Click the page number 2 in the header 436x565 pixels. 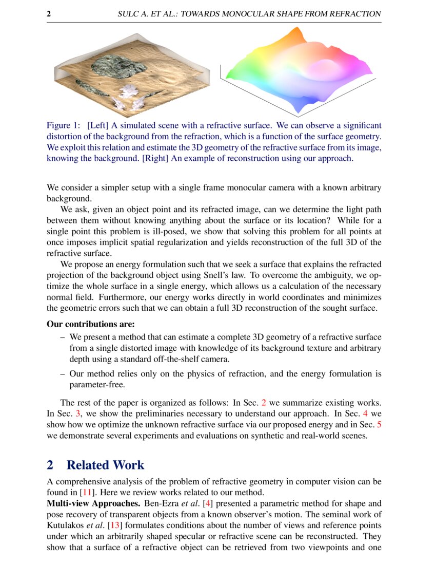point(49,14)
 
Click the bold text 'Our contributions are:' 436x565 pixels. point(91,324)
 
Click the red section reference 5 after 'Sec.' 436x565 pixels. point(379,425)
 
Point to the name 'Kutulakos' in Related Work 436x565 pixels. point(63,525)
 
